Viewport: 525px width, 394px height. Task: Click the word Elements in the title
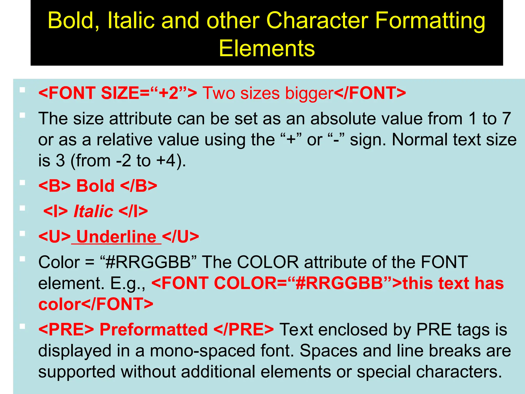tap(267, 48)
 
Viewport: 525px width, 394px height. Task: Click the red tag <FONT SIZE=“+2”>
tap(118, 93)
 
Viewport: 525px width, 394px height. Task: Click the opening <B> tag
tap(54, 186)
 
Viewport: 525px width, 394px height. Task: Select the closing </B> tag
tap(138, 186)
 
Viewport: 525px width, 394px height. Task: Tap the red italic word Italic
tap(93, 211)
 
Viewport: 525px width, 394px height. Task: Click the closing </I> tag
tap(133, 211)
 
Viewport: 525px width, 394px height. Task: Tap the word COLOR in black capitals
tap(268, 262)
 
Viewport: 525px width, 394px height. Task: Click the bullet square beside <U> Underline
tap(23, 234)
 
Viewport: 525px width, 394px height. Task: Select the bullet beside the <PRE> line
tap(23, 327)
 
